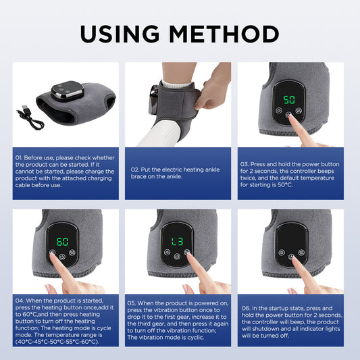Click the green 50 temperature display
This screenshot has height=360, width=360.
[289, 99]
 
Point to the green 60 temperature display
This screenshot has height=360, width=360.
[61, 241]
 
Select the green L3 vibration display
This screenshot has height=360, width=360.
[176, 241]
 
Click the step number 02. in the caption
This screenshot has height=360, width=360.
[135, 169]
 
